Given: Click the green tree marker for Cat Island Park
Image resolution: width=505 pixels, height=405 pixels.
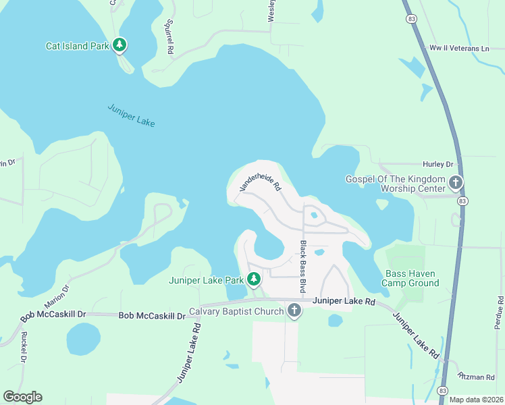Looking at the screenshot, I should coord(119,45).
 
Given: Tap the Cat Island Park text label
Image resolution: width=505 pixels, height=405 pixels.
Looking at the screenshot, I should coord(77,46).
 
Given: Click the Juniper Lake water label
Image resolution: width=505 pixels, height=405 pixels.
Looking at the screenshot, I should coord(131,115).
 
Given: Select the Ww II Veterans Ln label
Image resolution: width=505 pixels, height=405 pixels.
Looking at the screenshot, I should coord(458,49).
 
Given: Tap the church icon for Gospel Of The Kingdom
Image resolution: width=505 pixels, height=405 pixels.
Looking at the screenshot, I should coord(456,182).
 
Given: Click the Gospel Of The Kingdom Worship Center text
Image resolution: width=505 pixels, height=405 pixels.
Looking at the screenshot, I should coord(396,184).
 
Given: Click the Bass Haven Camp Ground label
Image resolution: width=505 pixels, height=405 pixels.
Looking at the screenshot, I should coord(410,278).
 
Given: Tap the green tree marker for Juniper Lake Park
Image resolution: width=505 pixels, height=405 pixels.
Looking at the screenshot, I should coord(254,279).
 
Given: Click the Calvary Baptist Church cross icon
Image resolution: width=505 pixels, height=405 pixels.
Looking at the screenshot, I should coord(294,310).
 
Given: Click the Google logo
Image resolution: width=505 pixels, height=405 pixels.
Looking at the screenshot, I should coord(22,396).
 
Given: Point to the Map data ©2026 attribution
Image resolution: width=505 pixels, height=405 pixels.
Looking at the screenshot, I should coord(475,400).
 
